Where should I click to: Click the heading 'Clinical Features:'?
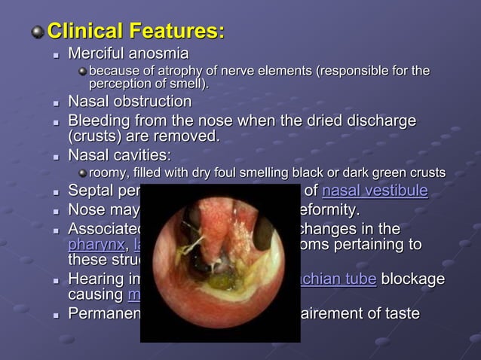tap(136, 32)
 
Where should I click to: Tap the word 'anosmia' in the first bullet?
tap(158, 54)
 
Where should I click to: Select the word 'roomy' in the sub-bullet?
tap(109, 173)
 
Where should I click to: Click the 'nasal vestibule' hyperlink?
tap(375, 191)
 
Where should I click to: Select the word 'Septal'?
tap(90, 191)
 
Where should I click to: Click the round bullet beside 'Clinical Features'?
tap(36, 32)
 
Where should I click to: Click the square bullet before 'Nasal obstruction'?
tap(56, 102)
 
